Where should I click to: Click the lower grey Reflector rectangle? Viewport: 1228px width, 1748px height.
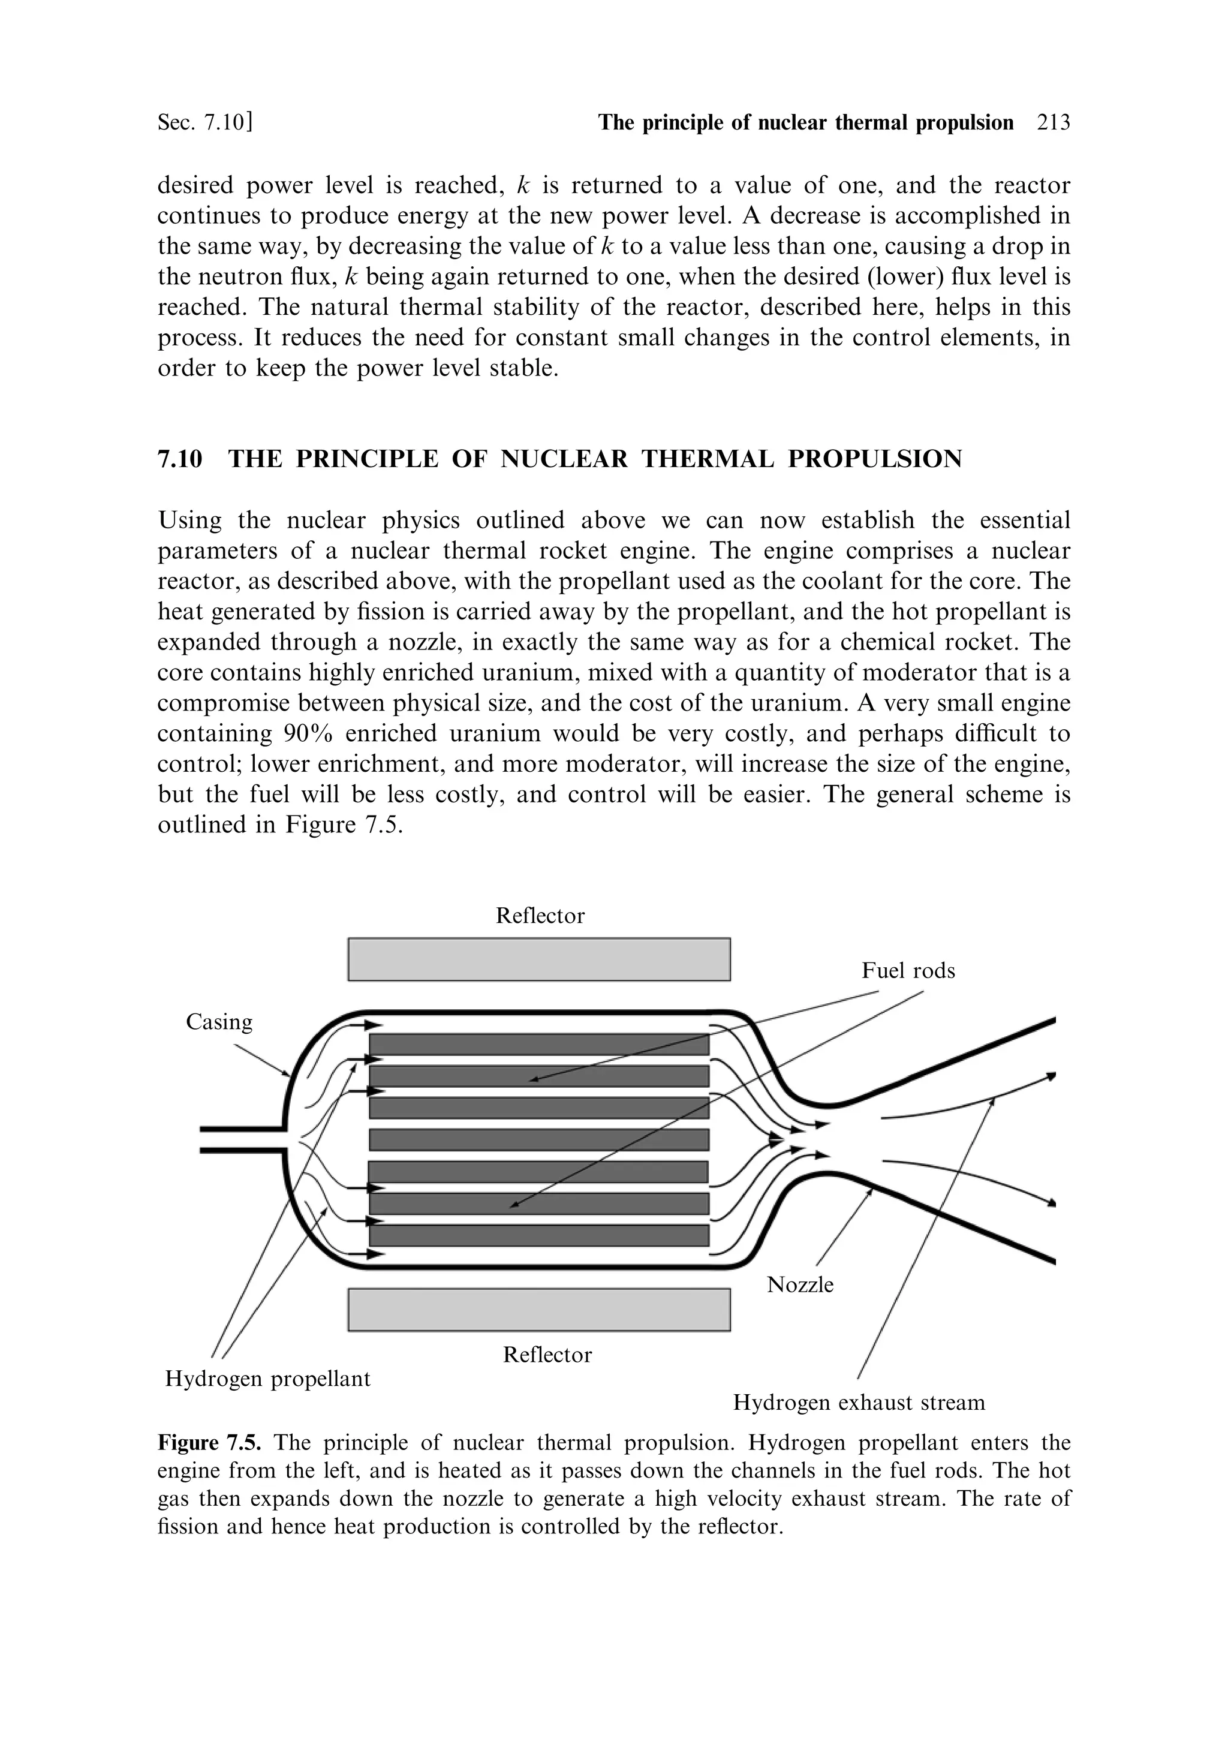[539, 1310]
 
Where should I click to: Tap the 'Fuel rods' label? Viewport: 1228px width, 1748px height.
[907, 971]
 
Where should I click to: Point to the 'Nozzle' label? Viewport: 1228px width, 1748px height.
[800, 1285]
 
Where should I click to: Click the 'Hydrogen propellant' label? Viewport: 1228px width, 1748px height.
[267, 1379]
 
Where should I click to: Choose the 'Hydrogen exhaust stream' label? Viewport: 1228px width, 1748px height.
[859, 1403]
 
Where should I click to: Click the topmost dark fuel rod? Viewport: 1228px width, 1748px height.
[539, 1044]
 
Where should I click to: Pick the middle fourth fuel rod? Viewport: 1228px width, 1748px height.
[539, 1140]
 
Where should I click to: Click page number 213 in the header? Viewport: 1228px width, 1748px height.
[1054, 122]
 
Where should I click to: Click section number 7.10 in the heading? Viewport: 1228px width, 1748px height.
[180, 459]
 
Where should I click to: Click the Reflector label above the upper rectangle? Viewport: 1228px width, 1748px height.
[540, 915]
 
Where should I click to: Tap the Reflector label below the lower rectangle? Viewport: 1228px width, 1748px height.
[547, 1355]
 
